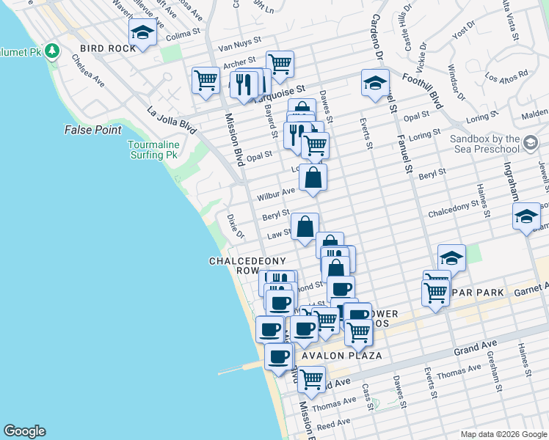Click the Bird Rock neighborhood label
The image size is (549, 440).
click(108, 48)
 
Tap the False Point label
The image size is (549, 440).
click(92, 130)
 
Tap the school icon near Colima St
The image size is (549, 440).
click(142, 32)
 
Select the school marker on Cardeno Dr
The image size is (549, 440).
click(375, 83)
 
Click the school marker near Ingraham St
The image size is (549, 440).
click(526, 216)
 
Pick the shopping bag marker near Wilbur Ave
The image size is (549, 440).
click(313, 177)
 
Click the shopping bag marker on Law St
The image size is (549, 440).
click(305, 227)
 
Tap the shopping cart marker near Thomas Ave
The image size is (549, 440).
click(312, 380)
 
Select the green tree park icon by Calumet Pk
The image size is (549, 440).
click(51, 51)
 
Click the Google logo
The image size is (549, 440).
click(24, 431)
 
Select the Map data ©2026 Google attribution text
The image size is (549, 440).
click(503, 434)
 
